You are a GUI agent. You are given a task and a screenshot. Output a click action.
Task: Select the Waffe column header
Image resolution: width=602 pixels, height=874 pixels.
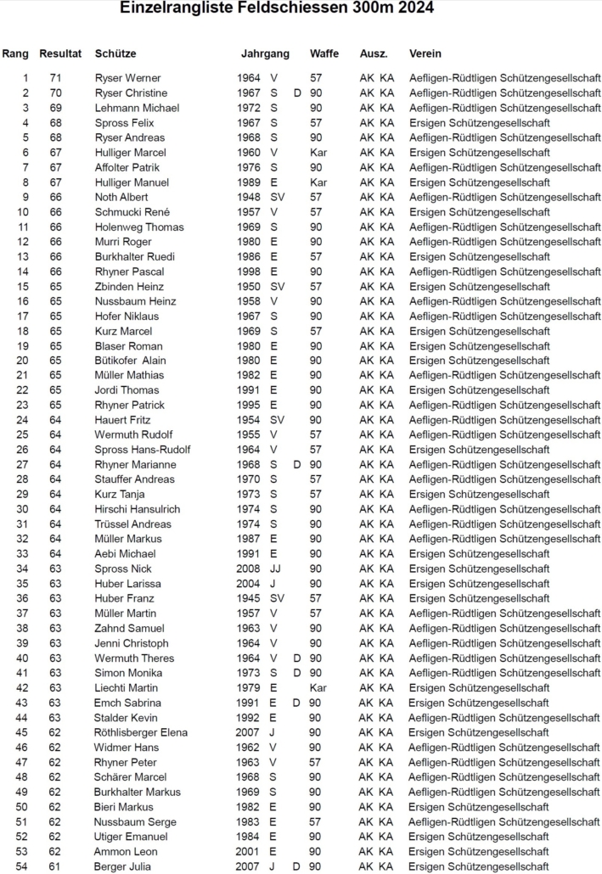tap(324, 53)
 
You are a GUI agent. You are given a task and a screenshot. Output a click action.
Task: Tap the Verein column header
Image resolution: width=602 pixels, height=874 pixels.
tap(425, 53)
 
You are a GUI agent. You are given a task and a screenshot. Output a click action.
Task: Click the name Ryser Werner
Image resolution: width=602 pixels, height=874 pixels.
tap(127, 78)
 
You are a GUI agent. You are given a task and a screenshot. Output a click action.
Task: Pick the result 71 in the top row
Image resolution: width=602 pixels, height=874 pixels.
tap(55, 78)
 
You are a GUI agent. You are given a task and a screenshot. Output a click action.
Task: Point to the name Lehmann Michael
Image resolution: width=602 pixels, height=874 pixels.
tap(137, 108)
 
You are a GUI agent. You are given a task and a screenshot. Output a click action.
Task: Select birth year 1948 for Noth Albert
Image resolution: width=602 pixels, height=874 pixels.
tap(250, 197)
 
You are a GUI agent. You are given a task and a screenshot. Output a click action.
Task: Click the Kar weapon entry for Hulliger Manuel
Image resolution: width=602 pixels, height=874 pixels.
tap(318, 182)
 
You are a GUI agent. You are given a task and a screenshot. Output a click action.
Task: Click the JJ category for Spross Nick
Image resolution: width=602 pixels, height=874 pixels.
tap(275, 569)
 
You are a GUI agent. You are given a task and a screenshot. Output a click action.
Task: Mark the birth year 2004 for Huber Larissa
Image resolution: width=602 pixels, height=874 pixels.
tap(250, 584)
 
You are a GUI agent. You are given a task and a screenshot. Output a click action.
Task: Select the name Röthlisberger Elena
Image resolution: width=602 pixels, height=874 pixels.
tap(141, 733)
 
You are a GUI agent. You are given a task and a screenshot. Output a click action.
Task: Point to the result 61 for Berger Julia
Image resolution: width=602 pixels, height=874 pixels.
tap(55, 866)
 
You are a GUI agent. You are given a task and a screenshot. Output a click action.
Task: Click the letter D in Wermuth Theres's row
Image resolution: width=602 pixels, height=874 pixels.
tap(297, 658)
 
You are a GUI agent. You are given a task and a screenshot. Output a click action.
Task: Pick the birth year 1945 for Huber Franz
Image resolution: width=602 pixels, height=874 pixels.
tap(250, 599)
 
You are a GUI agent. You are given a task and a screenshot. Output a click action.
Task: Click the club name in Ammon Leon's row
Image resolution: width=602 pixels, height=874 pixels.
tap(479, 852)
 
